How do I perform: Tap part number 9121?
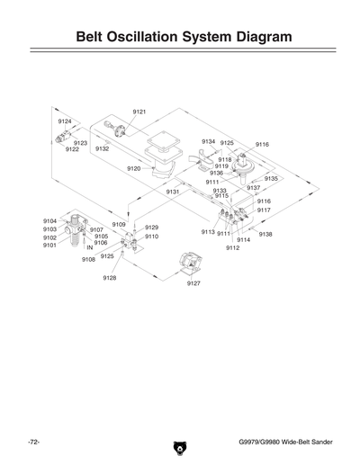tap(139, 112)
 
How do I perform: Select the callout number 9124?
tap(65, 121)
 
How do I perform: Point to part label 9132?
tap(103, 149)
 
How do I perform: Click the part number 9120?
tap(134, 168)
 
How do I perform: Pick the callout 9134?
tap(208, 141)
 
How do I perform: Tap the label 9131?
tap(174, 192)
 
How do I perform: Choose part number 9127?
tap(193, 283)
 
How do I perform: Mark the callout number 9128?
tap(109, 278)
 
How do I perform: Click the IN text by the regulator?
tap(90, 247)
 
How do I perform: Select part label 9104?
tap(50, 220)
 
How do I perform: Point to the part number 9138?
tap(265, 234)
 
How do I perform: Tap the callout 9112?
tap(232, 247)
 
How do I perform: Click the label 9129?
tap(151, 228)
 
